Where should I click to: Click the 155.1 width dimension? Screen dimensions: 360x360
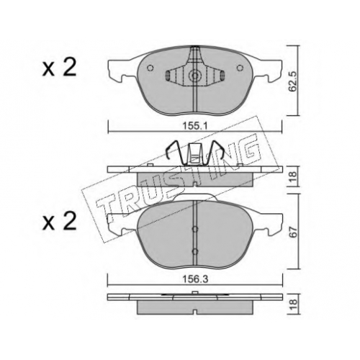[x=194, y=126]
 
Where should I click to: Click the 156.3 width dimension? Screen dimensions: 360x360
[x=194, y=279]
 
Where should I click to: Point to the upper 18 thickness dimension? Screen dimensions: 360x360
[x=293, y=178]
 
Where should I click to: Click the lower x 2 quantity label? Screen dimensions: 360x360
[x=59, y=221]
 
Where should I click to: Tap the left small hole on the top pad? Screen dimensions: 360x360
[x=150, y=68]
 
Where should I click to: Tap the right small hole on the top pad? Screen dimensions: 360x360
[x=239, y=68]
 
